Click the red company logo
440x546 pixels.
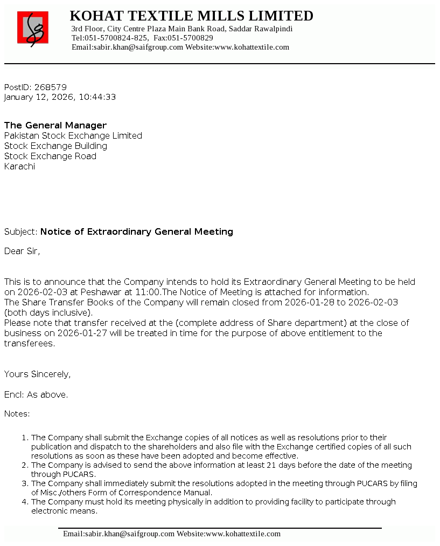tap(33, 28)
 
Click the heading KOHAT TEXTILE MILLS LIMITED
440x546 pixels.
tap(191, 16)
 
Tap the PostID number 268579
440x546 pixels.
tap(50, 87)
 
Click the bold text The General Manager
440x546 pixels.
tap(55, 125)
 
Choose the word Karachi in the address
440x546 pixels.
tap(19, 166)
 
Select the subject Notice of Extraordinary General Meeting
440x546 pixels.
tap(136, 231)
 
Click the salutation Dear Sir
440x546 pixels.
tap(22, 251)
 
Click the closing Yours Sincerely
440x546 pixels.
tap(37, 374)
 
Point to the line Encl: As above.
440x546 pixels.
tap(36, 394)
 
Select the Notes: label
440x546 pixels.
tap(17, 414)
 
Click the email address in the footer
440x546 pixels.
tap(118, 534)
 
